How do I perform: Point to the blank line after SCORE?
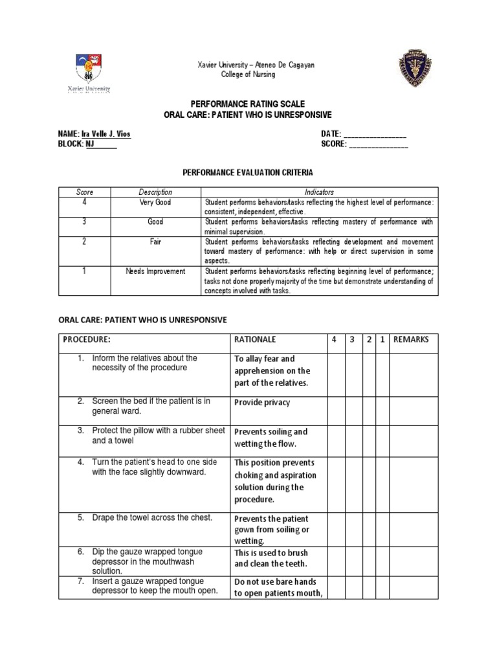point(379,144)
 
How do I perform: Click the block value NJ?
point(91,144)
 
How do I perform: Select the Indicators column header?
point(320,192)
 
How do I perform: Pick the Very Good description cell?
point(155,202)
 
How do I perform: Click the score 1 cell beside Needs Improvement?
point(85,271)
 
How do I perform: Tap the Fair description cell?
point(155,242)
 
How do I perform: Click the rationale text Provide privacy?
point(262,403)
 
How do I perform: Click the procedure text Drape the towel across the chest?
point(152,517)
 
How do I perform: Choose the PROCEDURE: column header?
point(87,339)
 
